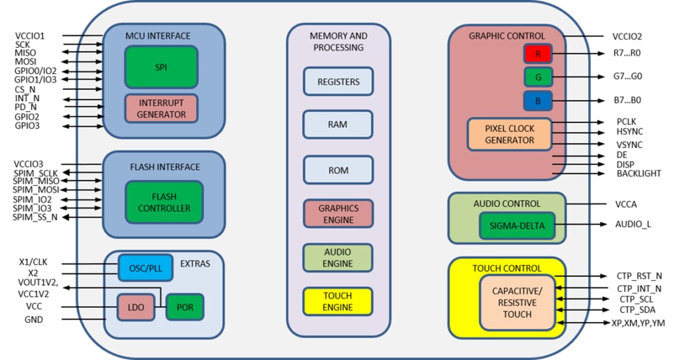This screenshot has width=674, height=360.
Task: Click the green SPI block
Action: point(162,66)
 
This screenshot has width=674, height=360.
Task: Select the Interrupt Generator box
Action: point(162,108)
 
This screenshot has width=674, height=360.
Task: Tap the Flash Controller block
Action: point(164,202)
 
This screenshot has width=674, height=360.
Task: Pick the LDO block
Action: point(135,307)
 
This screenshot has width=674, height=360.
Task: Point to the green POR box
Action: point(185,307)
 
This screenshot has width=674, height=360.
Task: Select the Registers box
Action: point(338,82)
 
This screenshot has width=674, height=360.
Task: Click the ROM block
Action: point(338,170)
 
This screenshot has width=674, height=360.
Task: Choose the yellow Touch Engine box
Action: point(338,301)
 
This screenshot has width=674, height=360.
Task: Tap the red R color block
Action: point(537,54)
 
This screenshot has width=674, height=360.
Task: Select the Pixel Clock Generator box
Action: point(510,134)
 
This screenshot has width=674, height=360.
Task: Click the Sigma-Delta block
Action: point(517,225)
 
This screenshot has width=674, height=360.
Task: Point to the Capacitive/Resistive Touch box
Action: point(517,303)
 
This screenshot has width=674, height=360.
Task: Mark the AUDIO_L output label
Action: point(633,224)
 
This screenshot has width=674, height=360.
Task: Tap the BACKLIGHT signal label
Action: point(638,173)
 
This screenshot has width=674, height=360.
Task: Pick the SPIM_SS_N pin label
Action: point(35,216)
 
